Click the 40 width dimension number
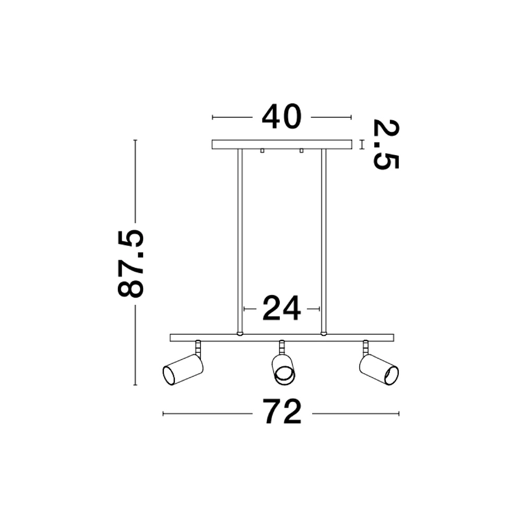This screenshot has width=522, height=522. coord(282,116)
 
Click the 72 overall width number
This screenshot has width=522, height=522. coord(282,412)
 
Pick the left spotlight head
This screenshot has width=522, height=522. coord(183,370)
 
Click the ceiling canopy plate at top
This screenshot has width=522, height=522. coord(282,144)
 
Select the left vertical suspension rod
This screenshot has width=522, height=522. coord(240,240)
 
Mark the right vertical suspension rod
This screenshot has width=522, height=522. coord(324,240)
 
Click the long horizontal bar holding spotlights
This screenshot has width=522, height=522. coord(282,337)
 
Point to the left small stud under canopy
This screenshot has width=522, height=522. coord(262,151)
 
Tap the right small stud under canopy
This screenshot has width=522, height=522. coord(301,151)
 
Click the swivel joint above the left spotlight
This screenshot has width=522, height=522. coord(198,346)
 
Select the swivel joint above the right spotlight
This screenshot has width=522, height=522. coord(365,346)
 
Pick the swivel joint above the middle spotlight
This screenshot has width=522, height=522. coord(282,346)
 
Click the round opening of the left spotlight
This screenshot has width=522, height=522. coord(169,375)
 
